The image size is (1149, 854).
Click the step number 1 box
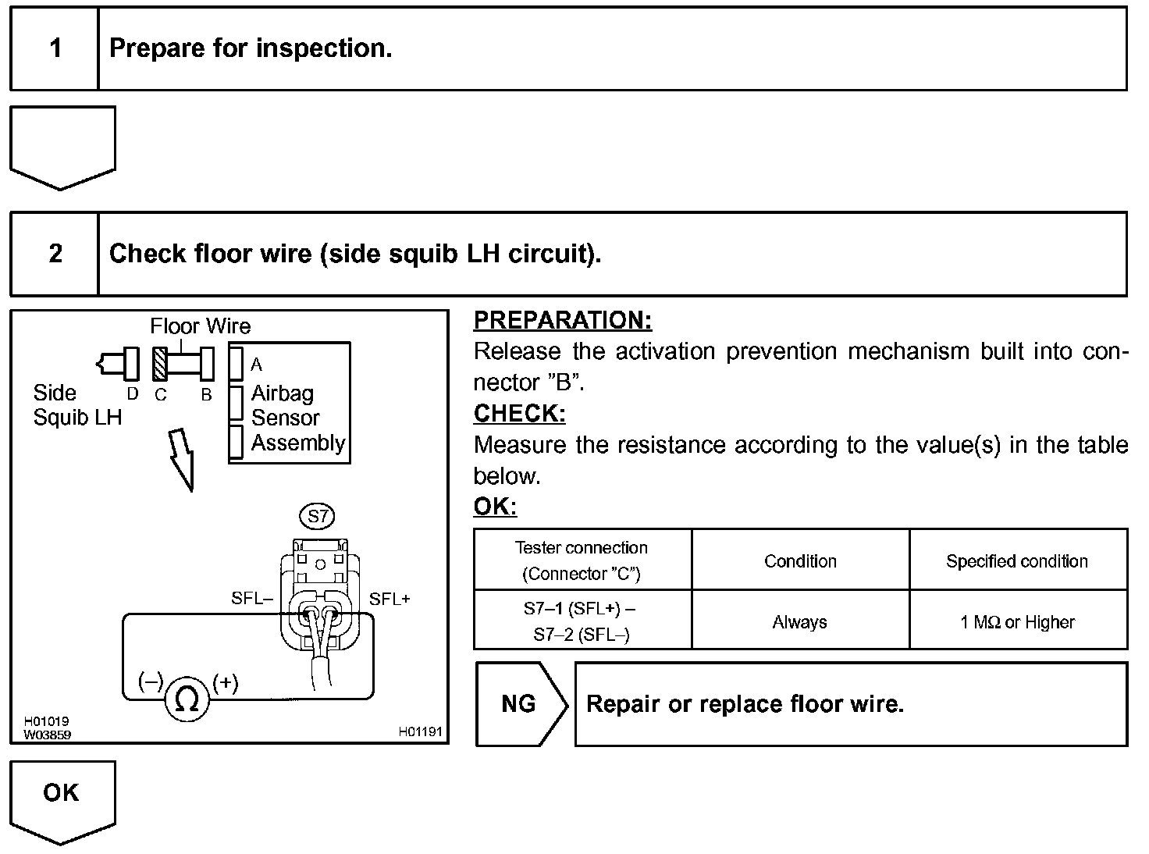click(55, 48)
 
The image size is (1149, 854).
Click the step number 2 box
click(55, 254)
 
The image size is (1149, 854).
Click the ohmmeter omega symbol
click(187, 699)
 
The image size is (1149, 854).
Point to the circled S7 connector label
click(318, 516)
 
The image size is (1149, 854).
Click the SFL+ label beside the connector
click(390, 599)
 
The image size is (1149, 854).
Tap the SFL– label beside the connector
click(251, 599)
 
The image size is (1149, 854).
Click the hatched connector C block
click(160, 363)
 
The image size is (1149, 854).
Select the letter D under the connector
click(133, 394)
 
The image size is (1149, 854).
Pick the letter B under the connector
click(206, 395)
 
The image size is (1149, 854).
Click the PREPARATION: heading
click(562, 321)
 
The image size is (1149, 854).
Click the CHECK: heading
click(519, 414)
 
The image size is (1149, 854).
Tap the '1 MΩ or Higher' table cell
click(1017, 622)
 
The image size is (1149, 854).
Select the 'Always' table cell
click(799, 622)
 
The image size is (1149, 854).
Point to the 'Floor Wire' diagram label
click(201, 326)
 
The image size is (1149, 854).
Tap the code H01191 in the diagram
click(420, 731)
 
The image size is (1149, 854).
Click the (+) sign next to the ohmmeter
click(226, 683)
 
